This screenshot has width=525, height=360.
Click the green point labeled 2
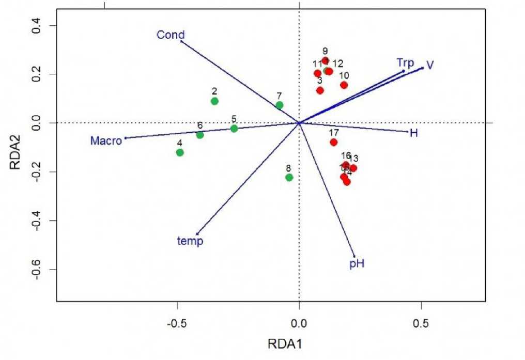coord(214,101)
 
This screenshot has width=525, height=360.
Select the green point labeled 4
coord(180,152)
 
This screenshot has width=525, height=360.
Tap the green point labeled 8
coord(289,177)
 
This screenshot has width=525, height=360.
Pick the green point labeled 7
coord(280,105)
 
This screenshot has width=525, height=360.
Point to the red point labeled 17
coord(334,142)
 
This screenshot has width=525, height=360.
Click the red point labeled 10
coord(344,85)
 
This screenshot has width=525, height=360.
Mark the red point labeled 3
coord(320,90)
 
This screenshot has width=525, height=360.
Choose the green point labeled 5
coord(234,128)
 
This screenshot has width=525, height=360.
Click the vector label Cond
coord(171,35)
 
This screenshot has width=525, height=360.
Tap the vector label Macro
coord(105,140)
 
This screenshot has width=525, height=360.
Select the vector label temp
coord(190,241)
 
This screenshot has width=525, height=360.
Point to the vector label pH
coord(357,264)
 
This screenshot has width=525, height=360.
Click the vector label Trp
coord(405,62)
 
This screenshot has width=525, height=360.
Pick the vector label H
coord(413,133)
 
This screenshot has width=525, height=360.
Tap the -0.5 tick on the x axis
coord(177,323)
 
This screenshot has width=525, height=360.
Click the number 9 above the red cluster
coord(325,51)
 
